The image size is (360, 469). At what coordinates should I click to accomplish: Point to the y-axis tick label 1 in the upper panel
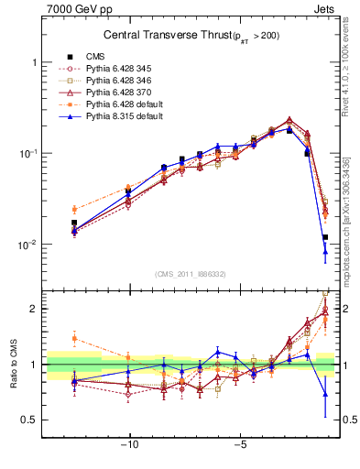(34, 62)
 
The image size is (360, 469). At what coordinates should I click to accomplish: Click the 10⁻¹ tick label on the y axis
(28, 153)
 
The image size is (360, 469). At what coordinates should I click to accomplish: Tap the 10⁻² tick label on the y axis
(28, 245)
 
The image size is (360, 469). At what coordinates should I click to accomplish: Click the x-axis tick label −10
(130, 449)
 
